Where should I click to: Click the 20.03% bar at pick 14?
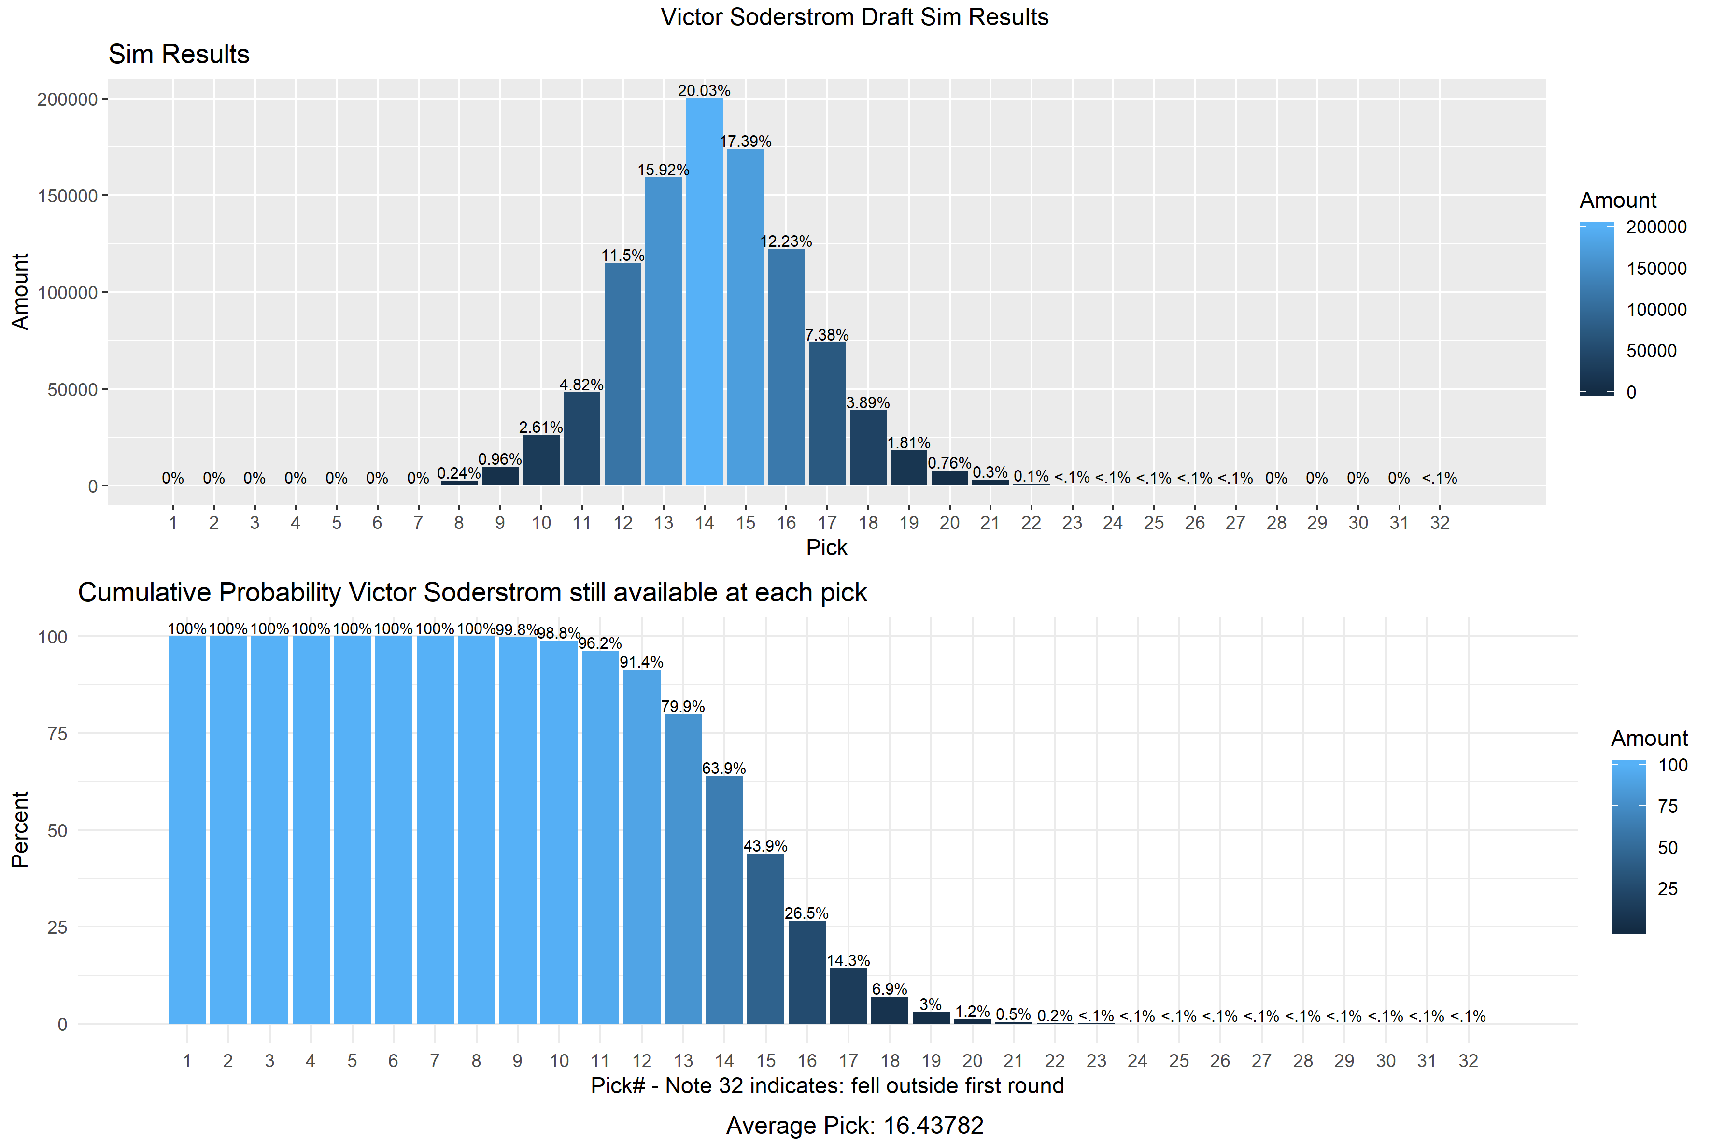704,291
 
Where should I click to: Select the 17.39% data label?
746,141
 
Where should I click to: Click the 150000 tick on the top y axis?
67,196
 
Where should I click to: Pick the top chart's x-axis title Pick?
826,547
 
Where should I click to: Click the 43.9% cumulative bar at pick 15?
765,938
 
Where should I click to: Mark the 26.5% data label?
806,913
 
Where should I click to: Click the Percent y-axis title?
20,829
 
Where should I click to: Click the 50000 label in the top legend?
1651,351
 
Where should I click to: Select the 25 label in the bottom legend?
1668,888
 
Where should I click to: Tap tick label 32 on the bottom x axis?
1468,1061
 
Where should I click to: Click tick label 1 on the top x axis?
173,523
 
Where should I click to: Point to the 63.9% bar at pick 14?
724,899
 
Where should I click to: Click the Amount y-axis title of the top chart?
20,291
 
